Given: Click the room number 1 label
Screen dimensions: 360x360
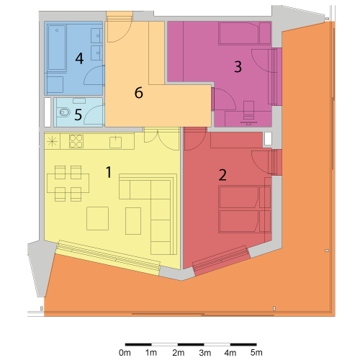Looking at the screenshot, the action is tap(109, 172).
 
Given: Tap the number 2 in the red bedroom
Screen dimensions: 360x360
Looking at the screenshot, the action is tap(222, 175).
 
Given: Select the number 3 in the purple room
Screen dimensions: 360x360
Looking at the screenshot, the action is tap(238, 67).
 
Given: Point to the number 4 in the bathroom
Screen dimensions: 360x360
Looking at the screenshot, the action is tap(79, 58).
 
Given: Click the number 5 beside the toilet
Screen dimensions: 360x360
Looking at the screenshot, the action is tap(78, 114).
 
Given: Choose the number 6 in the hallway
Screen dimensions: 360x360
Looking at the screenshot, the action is tap(139, 93).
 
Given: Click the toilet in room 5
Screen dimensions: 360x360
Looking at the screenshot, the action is tap(64, 112).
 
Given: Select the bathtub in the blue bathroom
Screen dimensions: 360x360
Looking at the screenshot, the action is tap(57, 48).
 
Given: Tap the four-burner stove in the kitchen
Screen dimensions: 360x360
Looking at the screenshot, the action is tap(76, 141).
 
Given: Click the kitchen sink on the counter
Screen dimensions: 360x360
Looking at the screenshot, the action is tap(115, 142).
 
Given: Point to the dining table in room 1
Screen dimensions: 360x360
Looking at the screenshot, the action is tap(68, 183).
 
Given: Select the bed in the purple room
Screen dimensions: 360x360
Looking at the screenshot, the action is tap(245, 33).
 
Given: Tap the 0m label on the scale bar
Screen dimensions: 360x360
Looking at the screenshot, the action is tap(125, 353).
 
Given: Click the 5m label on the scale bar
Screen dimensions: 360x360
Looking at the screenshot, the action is tap(256, 353).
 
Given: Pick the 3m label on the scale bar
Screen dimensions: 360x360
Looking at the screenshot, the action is tap(204, 353).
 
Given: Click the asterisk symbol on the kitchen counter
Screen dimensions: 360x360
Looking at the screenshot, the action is tap(52, 141).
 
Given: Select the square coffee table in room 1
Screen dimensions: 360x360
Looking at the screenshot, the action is tap(97, 218).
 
